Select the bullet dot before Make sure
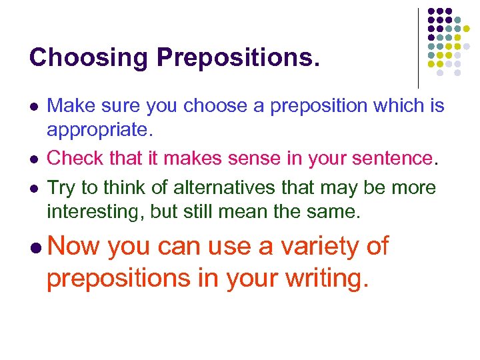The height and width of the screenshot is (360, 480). tap(33, 107)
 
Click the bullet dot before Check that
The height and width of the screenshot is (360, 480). tap(33, 160)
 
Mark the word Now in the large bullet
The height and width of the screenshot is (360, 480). tap(74, 247)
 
